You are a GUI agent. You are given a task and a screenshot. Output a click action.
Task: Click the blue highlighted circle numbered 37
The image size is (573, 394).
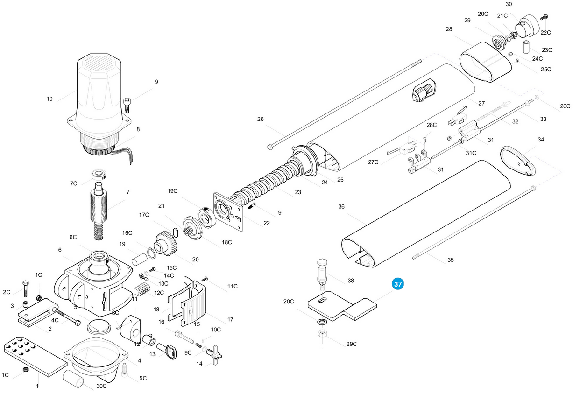[398, 284]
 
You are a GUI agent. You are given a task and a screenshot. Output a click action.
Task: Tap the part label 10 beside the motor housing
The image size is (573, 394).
[50, 98]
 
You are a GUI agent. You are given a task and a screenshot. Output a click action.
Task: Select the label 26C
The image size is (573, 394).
[565, 106]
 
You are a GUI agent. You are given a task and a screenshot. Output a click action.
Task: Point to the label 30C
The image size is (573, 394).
[101, 386]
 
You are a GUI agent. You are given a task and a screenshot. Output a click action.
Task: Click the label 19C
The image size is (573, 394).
[172, 191]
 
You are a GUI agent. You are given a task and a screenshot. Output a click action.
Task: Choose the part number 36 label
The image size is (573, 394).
[341, 207]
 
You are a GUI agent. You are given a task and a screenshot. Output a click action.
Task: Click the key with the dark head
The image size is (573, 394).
[167, 351]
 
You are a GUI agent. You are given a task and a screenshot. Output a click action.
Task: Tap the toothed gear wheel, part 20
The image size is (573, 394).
[165, 243]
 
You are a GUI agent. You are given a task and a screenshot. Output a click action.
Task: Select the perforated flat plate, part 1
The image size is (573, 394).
[35, 357]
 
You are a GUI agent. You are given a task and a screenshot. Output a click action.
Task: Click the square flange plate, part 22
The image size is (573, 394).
[228, 211]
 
